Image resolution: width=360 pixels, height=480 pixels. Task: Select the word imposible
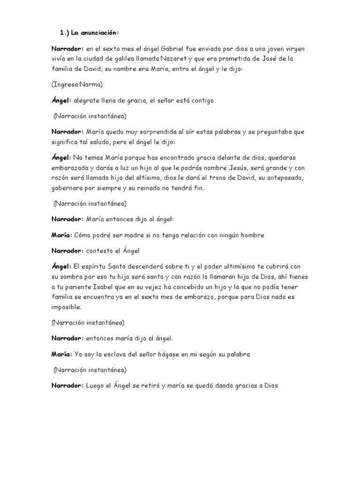point(67,307)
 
